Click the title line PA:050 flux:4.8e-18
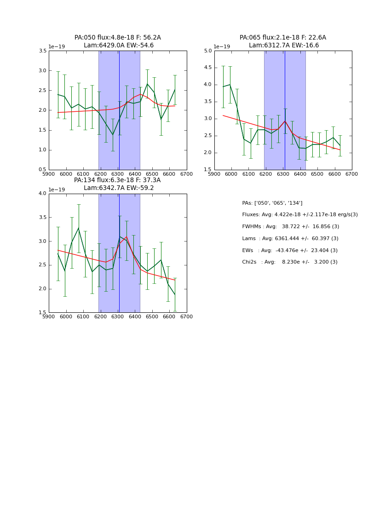click(117, 38)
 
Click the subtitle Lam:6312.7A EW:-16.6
click(283, 46)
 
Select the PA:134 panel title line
click(117, 180)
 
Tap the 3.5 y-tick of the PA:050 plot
click(42, 51)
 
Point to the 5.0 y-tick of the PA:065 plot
click(208, 51)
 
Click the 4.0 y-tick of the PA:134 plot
click(42, 194)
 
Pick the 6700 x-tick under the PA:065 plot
click(352, 174)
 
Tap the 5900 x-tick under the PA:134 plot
click(49, 316)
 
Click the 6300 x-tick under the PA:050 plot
click(118, 174)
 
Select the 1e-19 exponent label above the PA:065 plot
click(222, 46)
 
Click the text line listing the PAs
click(272, 203)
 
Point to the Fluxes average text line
click(299, 215)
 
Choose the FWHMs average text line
click(290, 227)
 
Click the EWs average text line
click(289, 250)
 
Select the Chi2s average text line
click(289, 262)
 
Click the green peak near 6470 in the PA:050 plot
click(147, 84)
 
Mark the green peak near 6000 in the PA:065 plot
click(230, 85)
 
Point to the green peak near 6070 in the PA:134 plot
click(78, 228)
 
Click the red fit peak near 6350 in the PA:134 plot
click(126, 237)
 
